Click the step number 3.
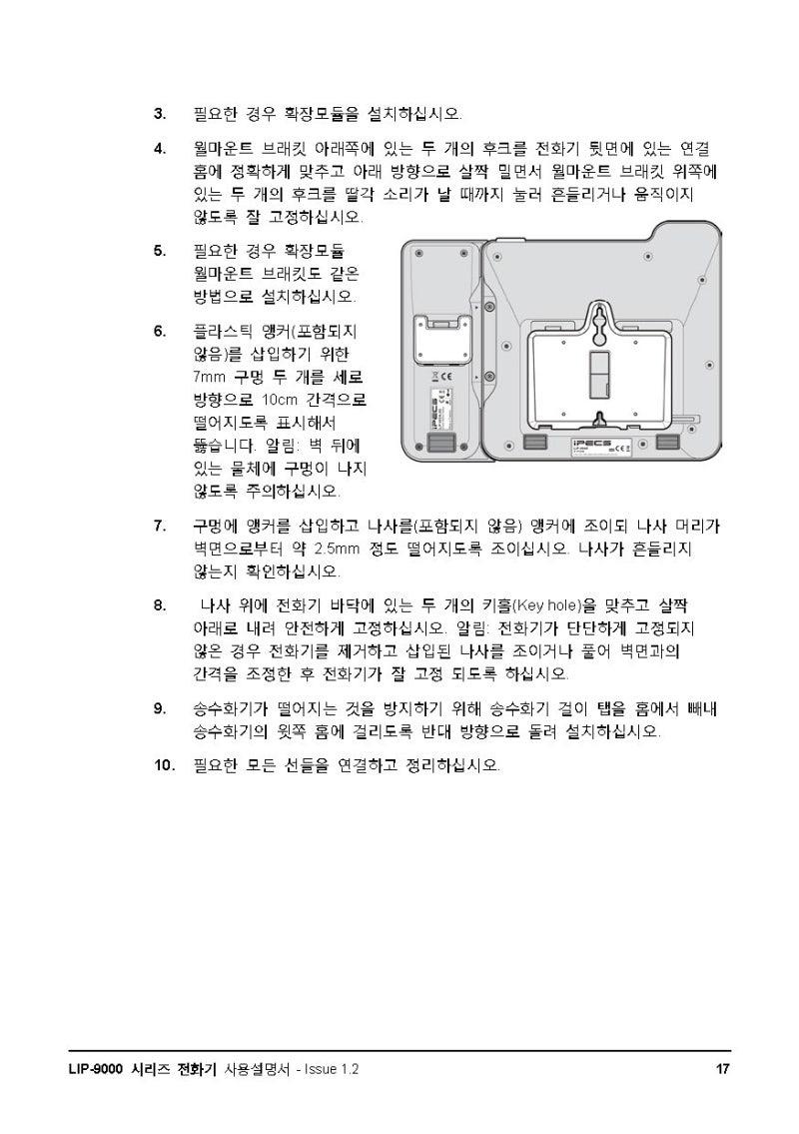(159, 113)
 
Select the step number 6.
(159, 330)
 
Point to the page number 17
(722, 1069)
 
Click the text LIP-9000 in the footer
(89, 1069)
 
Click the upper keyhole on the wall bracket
(597, 321)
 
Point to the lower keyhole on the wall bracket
(597, 418)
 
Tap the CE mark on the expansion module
(445, 377)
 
